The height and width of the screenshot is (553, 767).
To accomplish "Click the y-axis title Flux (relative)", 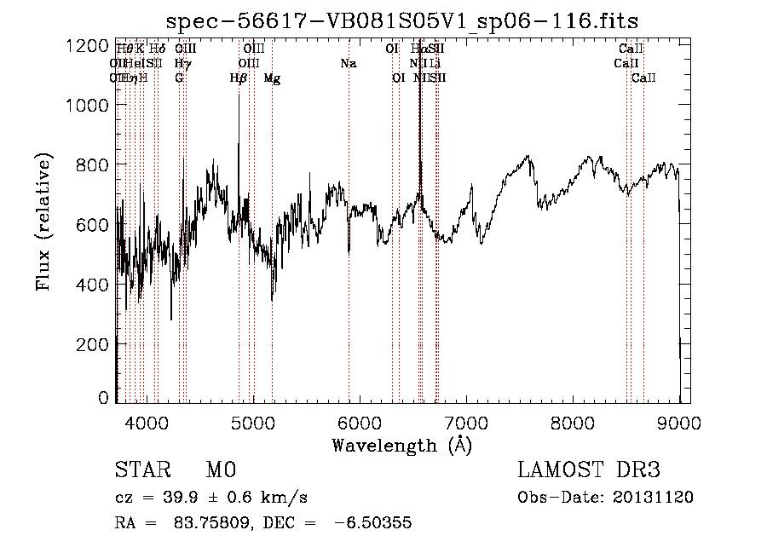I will [43, 222].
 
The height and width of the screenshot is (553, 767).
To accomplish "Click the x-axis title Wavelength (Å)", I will [402, 445].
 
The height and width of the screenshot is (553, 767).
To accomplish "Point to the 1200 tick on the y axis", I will [88, 45].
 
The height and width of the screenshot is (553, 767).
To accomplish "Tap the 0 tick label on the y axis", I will [103, 398].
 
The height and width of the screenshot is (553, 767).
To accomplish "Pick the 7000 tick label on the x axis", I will [466, 421].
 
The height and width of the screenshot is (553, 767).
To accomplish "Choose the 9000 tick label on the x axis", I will [679, 421].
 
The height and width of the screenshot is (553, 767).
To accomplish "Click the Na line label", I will [348, 63].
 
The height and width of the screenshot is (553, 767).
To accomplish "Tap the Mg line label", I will [272, 78].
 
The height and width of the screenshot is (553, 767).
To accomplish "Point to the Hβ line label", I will [239, 78].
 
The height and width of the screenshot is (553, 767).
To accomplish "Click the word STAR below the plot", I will [141, 470].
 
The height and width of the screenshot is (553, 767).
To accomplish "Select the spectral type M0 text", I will [221, 470].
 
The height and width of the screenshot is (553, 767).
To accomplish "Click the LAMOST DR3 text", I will [589, 470].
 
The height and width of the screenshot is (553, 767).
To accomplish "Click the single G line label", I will [179, 78].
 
